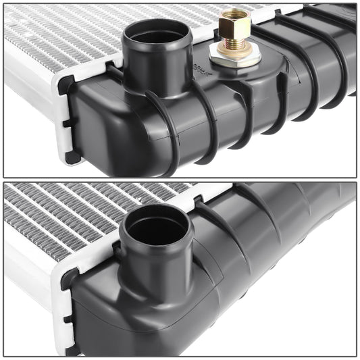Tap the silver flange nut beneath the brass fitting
235,53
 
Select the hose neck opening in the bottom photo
155,230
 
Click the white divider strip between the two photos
180,180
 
